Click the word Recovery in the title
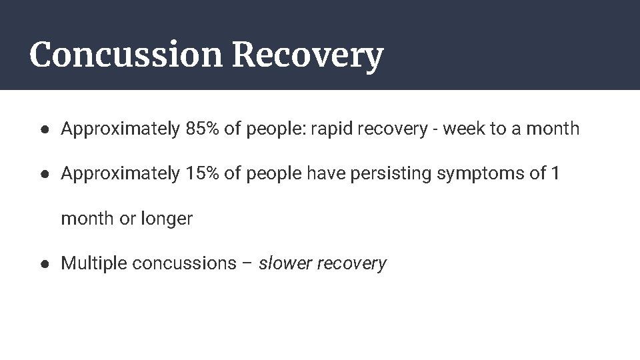(x=307, y=56)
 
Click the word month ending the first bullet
(x=553, y=129)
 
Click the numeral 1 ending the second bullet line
(x=555, y=174)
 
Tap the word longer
(x=167, y=219)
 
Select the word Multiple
(x=94, y=263)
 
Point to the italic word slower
(x=285, y=263)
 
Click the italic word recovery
(x=352, y=264)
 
